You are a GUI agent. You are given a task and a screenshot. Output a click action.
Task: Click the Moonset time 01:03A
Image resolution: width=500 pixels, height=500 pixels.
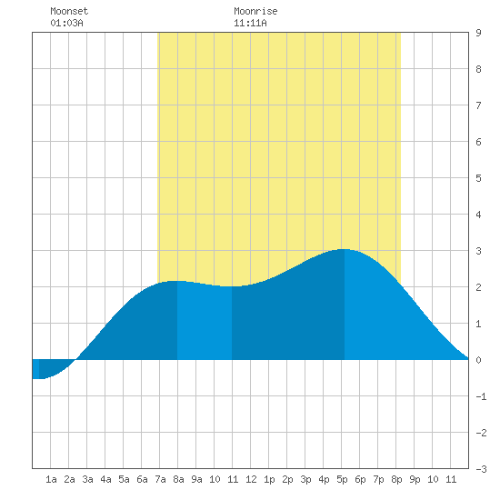pos(66,23)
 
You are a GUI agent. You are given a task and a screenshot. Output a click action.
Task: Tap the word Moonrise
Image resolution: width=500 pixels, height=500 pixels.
pos(255,11)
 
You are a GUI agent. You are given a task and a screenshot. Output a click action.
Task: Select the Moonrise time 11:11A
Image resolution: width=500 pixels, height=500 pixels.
pos(250,23)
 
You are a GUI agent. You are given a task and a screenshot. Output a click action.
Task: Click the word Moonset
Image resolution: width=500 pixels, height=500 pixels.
pos(69,11)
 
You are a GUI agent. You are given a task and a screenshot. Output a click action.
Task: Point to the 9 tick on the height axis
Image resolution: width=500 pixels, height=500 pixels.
pos(478,33)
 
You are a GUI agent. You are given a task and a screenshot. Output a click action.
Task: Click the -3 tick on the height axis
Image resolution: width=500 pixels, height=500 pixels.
pos(481,469)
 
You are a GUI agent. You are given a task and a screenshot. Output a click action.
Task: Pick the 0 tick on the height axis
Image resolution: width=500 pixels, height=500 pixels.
pos(478,360)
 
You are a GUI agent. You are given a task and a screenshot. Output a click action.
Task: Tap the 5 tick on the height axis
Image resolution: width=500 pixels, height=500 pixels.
pos(478,178)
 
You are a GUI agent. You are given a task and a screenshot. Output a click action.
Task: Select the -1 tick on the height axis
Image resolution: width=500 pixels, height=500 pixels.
pos(481,396)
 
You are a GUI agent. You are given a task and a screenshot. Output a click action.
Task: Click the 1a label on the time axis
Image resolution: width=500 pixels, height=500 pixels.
pos(51,479)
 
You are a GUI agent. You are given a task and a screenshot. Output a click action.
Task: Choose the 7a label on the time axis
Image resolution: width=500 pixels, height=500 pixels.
pos(160,479)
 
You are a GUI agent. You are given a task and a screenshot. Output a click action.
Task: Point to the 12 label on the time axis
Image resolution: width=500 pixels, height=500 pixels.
pos(251,479)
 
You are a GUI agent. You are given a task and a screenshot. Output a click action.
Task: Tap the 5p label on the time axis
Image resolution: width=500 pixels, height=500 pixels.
pos(342,479)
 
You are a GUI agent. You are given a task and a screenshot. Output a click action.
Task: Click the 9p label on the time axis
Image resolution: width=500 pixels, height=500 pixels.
pos(415,479)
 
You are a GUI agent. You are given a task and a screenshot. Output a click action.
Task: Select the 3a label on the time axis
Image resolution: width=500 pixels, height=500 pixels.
pos(87,479)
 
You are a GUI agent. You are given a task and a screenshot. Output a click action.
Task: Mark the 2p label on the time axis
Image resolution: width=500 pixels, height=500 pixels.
pos(287,479)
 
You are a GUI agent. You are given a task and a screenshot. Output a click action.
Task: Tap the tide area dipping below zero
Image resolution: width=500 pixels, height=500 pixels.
pos(51,368)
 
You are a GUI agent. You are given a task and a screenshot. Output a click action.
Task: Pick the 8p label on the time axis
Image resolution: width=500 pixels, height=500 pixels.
pos(396,479)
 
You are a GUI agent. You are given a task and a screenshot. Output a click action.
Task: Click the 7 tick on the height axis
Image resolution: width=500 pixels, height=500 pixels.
pos(478,105)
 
